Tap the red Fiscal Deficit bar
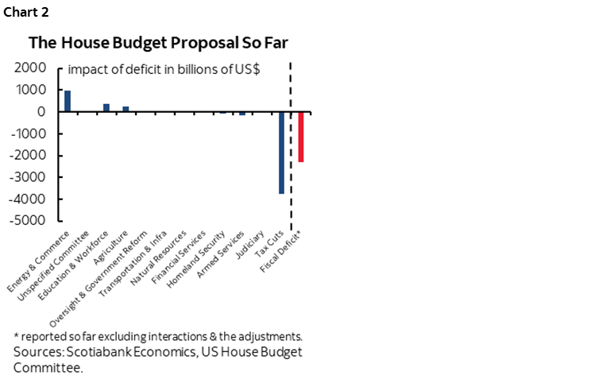(301, 137)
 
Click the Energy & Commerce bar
(68, 101)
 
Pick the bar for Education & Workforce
(106, 107)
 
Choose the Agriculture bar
(126, 109)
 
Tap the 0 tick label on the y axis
(38, 112)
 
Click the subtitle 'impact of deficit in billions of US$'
(169, 69)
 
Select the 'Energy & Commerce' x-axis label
(41, 259)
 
